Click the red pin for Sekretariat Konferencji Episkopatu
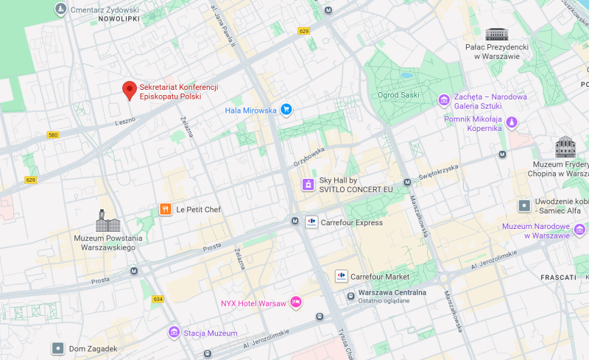[x=130, y=90]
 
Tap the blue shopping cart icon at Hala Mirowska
[x=286, y=110]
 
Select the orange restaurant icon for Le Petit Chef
[x=166, y=209]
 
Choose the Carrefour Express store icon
[x=311, y=222]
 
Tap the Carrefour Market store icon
[x=341, y=276]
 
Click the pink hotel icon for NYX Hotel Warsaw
[x=295, y=303]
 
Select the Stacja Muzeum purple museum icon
[x=174, y=333]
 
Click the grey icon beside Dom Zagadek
[x=57, y=348]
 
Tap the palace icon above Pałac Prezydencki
[x=496, y=34]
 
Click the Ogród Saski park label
[x=398, y=94]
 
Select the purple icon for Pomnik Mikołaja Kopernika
[x=512, y=122]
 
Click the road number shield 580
[x=52, y=135]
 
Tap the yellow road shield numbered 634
[x=158, y=299]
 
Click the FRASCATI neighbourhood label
[x=557, y=277]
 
